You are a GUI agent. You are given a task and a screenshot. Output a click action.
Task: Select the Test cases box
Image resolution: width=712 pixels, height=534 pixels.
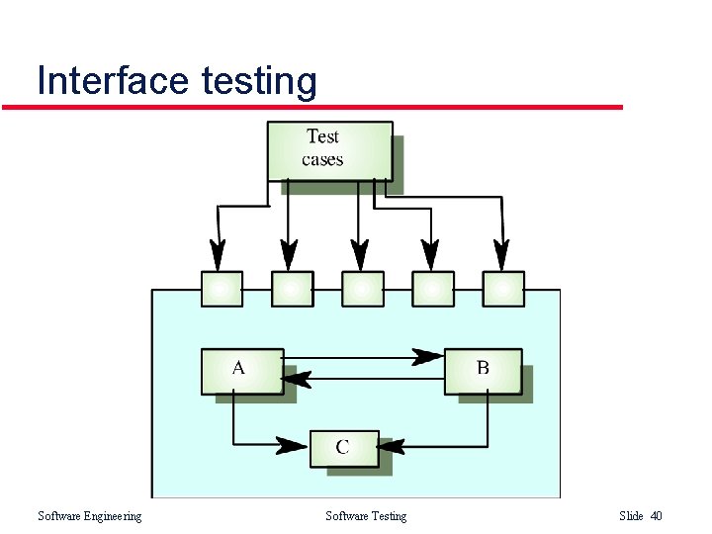pyautogui.click(x=329, y=150)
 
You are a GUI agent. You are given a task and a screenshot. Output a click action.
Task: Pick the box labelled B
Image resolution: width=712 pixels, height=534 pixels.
pyautogui.click(x=483, y=371)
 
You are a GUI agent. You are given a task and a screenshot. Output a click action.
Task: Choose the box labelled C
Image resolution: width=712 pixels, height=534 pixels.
pyautogui.click(x=343, y=448)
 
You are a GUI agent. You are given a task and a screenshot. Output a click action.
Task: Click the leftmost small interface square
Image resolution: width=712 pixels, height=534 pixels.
pyautogui.click(x=221, y=289)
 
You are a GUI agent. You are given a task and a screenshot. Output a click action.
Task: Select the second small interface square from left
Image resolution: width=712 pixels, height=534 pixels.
pyautogui.click(x=291, y=289)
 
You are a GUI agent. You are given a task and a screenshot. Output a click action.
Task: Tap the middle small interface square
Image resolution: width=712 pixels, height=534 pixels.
pyautogui.click(x=362, y=289)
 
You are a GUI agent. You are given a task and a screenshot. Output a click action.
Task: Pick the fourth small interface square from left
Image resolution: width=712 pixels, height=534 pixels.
pyautogui.click(x=432, y=289)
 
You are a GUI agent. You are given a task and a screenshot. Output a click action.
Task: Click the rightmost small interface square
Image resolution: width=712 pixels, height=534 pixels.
pyautogui.click(x=502, y=289)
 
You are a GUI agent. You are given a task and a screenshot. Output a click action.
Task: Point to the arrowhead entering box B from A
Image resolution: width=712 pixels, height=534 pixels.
pyautogui.click(x=429, y=356)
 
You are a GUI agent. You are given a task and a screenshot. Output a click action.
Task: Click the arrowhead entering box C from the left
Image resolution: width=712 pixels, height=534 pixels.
pyautogui.click(x=293, y=445)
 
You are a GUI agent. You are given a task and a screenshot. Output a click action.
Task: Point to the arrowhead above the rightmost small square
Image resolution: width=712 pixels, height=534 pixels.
pyautogui.click(x=501, y=255)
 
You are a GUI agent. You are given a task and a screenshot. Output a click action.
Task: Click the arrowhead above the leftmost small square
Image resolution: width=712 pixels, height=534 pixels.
pyautogui.click(x=218, y=255)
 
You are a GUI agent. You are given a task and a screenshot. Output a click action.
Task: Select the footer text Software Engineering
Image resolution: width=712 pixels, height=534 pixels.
pyautogui.click(x=89, y=516)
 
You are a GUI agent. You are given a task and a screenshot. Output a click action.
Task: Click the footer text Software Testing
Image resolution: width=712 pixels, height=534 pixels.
pyautogui.click(x=365, y=516)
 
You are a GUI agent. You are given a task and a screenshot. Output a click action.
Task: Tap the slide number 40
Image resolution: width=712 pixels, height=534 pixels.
pyautogui.click(x=656, y=516)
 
